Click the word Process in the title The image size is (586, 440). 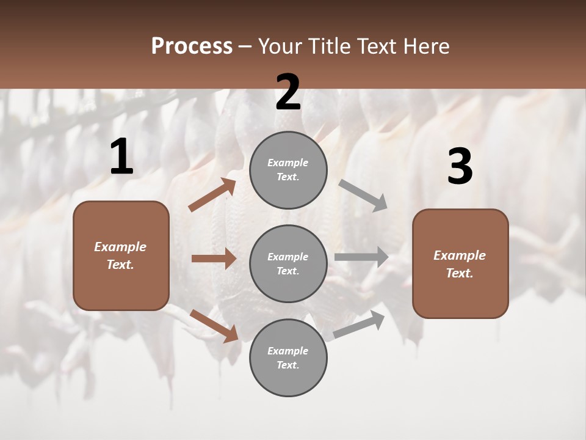192,46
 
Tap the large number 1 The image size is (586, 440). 121,157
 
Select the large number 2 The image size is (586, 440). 288,92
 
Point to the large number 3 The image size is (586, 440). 460,167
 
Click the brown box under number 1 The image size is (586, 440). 121,255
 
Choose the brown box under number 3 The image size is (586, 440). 460,263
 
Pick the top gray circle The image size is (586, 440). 288,170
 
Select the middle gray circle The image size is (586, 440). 288,263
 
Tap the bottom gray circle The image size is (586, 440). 288,358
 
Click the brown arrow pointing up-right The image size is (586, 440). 212,195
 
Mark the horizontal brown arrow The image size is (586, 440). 214,258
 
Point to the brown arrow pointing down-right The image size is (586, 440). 214,325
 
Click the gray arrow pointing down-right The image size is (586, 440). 363,196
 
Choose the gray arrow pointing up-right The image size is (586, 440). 359,324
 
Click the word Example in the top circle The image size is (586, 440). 288,163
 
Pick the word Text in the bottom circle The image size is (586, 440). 287,365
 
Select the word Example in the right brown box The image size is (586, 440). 460,255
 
